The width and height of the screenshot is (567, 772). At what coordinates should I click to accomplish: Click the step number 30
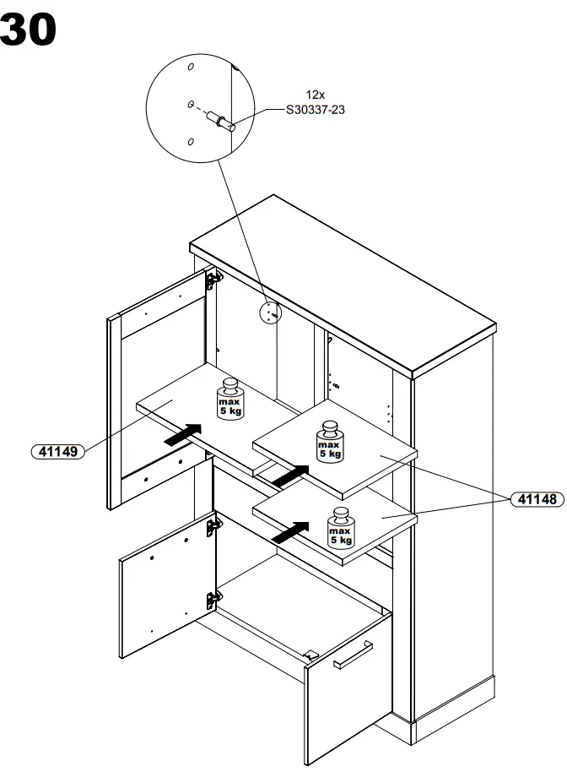coord(30,30)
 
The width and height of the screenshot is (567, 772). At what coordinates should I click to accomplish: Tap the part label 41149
coord(58,452)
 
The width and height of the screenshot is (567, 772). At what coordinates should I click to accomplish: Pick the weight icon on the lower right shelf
coord(341,527)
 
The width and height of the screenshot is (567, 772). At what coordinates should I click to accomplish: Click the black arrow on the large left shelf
coord(184,434)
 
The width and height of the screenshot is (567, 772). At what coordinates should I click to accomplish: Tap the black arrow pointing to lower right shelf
coord(289,531)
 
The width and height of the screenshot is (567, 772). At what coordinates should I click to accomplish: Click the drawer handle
coord(354,654)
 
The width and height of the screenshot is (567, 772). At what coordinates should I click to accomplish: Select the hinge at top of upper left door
coord(213,278)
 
